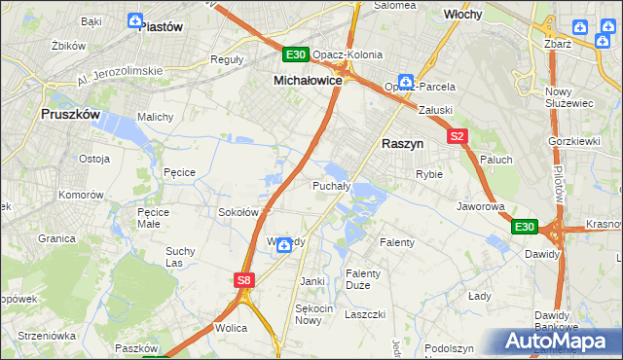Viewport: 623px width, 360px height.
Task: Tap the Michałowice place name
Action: tap(308, 81)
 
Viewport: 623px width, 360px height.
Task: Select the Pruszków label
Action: tap(71, 114)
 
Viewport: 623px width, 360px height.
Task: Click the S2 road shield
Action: tap(458, 137)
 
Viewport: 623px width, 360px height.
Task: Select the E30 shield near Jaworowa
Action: tap(525, 227)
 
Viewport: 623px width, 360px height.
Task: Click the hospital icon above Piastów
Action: tap(134, 19)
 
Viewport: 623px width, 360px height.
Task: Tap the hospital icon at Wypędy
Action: tap(283, 244)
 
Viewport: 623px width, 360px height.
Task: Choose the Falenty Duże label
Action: tap(364, 279)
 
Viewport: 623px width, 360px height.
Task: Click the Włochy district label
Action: tap(465, 16)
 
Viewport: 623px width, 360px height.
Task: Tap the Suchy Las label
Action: tap(181, 257)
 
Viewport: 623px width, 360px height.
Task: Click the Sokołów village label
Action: tap(238, 211)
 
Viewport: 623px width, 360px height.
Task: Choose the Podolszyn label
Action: tap(449, 347)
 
